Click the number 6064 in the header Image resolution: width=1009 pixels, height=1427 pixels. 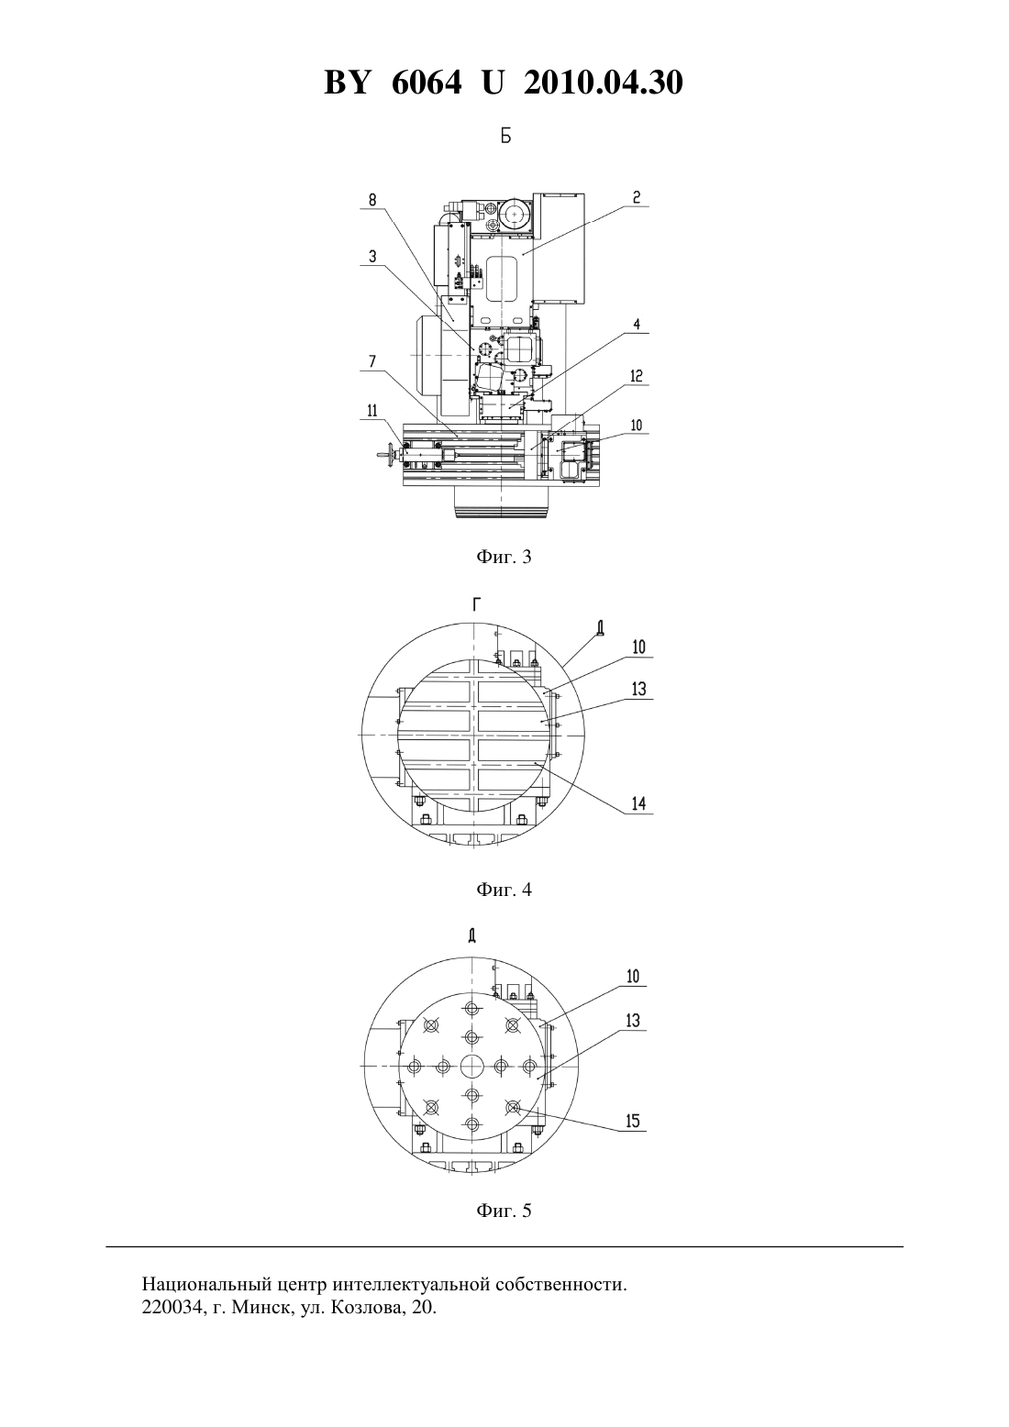coord(427,83)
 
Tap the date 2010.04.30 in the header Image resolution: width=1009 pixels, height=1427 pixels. coord(604,83)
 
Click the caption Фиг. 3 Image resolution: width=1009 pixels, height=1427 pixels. coord(504,558)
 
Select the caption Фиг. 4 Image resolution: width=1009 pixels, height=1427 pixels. coord(504,890)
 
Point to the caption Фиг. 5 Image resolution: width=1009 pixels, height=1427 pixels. coord(504,1211)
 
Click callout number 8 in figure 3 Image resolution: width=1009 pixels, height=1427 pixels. coord(372,201)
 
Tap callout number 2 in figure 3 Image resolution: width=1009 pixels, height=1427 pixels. coord(637,197)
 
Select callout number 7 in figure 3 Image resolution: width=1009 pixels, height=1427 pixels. coord(372,362)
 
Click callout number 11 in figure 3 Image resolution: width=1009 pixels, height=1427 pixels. coord(372,411)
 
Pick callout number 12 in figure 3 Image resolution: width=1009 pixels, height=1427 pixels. coord(637,376)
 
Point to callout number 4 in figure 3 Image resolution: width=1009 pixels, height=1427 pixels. coord(637,325)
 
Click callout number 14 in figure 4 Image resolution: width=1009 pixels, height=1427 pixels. coord(638,803)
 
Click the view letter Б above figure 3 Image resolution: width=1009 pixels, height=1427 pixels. coord(505,137)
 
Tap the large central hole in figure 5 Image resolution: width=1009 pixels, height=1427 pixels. coord(472,1065)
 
